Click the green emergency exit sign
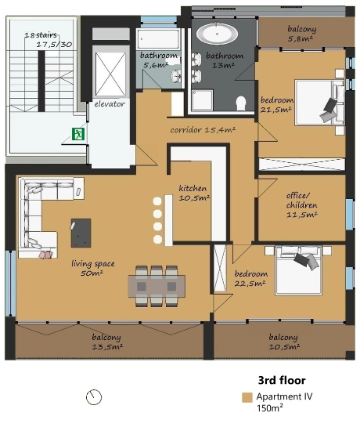(x=78, y=134)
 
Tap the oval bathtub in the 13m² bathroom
(x=217, y=34)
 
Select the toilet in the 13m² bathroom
(x=241, y=103)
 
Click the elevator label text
(x=110, y=103)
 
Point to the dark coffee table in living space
(x=81, y=233)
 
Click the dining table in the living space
(x=157, y=286)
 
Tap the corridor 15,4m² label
(x=203, y=130)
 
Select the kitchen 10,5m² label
(x=194, y=193)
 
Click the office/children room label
(x=301, y=205)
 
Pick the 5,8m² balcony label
(x=301, y=34)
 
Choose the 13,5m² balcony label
(x=107, y=342)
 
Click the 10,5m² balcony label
(x=284, y=342)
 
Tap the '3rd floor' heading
(x=282, y=380)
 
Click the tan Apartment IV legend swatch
(x=247, y=397)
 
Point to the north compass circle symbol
(x=94, y=397)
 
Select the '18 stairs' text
(x=41, y=35)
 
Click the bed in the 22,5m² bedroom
(x=298, y=270)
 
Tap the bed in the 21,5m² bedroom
(x=319, y=103)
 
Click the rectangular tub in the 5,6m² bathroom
(x=158, y=39)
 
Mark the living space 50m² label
(x=93, y=268)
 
